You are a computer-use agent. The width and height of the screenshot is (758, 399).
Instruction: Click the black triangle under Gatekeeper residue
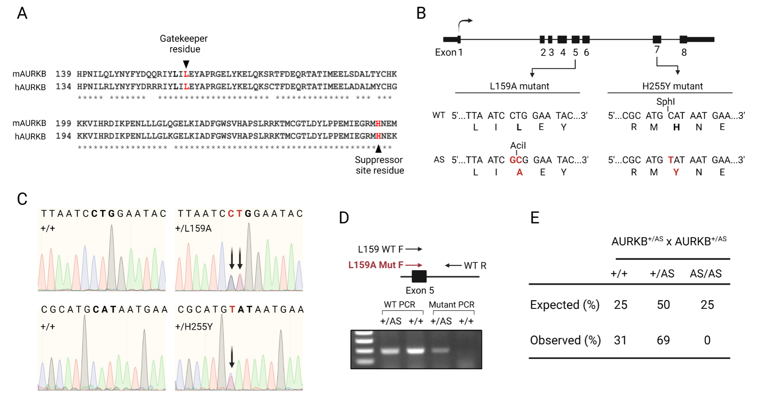tap(186, 64)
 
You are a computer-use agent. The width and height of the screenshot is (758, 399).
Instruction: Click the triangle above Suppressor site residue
tap(378, 149)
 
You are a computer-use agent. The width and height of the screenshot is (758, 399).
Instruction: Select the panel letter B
tap(421, 13)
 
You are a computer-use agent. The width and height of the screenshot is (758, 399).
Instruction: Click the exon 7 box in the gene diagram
tap(657, 39)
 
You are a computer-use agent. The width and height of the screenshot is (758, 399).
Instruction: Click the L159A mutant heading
tap(519, 86)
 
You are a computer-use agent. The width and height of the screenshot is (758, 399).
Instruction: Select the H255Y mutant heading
tap(672, 86)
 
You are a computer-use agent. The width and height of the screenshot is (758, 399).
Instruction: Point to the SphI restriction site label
tap(665, 102)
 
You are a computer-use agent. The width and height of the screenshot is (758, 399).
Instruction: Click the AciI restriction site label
tap(518, 145)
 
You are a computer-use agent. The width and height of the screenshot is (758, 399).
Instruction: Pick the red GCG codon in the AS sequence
tap(516, 160)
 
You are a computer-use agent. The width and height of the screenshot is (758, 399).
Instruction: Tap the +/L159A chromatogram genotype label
tap(193, 228)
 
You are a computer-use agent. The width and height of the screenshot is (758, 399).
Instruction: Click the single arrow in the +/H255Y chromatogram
tap(232, 357)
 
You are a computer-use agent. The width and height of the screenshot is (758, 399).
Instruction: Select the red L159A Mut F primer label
tap(376, 265)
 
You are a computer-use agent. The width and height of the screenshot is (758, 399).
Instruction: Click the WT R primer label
tap(475, 266)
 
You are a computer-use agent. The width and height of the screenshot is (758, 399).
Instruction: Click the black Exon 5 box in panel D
tap(419, 276)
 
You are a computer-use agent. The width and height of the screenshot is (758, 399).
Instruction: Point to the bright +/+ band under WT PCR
tap(415, 351)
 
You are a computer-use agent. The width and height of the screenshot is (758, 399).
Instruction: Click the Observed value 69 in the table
tap(663, 340)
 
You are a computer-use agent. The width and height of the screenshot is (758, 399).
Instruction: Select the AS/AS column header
tap(706, 274)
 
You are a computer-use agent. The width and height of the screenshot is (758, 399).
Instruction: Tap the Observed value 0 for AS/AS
tap(707, 340)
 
